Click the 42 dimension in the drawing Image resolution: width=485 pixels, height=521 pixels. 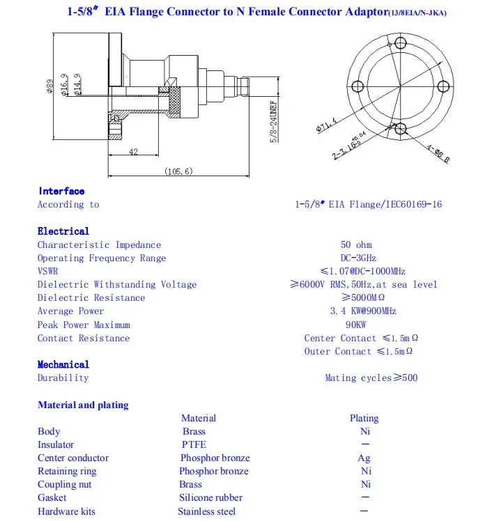(x=133, y=152)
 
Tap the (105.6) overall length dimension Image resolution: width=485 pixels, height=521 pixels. (x=178, y=171)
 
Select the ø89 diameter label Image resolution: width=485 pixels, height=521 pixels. (x=50, y=88)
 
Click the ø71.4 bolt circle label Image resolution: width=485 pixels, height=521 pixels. (x=326, y=125)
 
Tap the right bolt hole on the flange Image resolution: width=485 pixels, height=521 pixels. (x=442, y=86)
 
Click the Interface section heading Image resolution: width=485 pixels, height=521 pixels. (x=61, y=191)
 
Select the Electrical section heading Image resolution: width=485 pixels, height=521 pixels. (x=63, y=231)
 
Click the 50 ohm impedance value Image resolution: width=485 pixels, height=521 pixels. (x=356, y=244)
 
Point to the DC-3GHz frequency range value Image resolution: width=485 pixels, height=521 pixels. (x=356, y=258)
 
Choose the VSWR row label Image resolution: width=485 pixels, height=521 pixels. (x=48, y=271)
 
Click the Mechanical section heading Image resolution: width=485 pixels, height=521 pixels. (x=63, y=364)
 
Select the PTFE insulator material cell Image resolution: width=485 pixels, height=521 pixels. (x=194, y=444)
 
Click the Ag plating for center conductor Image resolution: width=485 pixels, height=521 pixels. (x=364, y=458)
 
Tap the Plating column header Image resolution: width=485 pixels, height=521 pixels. (x=364, y=418)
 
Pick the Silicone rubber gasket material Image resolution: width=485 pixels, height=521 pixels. (x=210, y=497)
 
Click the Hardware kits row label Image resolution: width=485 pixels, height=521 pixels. (x=66, y=511)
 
